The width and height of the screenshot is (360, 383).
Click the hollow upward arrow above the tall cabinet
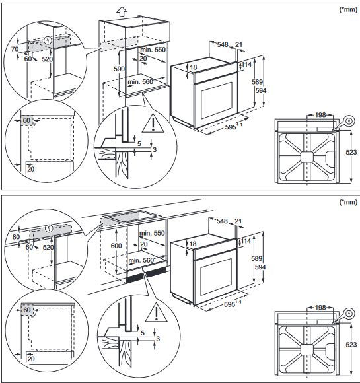[122, 11]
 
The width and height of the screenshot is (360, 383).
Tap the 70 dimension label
[15, 49]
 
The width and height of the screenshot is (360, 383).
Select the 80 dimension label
[16, 237]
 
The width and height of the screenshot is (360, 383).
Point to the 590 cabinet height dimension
[119, 69]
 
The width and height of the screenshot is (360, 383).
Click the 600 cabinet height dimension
[116, 246]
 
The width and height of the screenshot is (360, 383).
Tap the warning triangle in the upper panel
[153, 123]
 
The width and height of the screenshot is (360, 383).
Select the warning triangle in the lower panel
[156, 312]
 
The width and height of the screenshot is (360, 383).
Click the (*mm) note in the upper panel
[348, 10]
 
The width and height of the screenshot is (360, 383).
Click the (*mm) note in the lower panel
[348, 202]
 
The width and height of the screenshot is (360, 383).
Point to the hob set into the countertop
[132, 216]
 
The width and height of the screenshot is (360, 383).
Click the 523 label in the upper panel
[351, 152]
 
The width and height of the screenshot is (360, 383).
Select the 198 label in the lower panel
[320, 307]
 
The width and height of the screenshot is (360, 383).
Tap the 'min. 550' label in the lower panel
[152, 233]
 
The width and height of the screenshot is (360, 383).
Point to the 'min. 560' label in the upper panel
[140, 82]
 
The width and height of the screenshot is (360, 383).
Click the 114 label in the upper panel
[246, 64]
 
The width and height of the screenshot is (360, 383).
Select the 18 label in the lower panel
[194, 244]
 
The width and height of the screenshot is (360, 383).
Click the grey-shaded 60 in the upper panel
[26, 120]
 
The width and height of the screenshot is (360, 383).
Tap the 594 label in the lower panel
[260, 267]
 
